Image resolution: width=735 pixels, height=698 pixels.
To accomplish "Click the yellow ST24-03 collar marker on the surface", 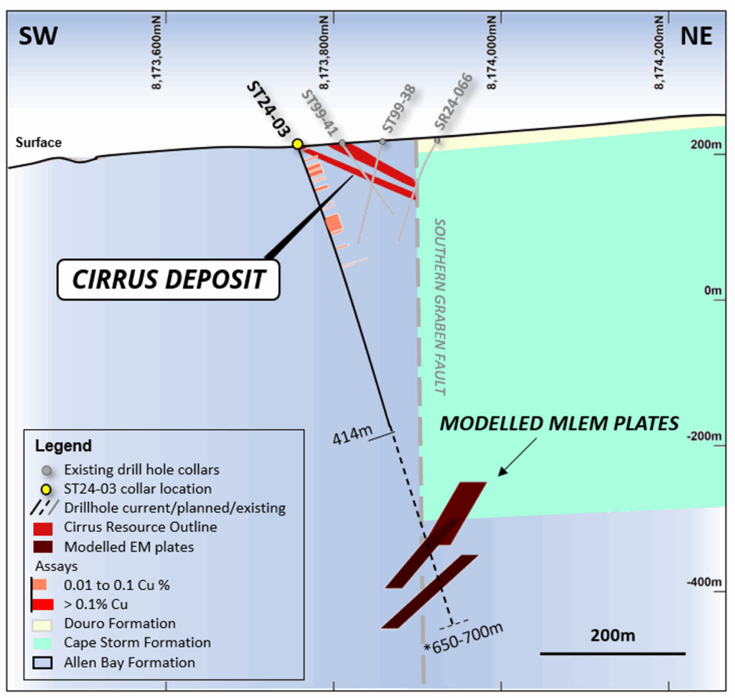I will [x=297, y=144].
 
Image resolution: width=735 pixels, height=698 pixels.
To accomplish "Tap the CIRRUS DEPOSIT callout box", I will [x=169, y=279].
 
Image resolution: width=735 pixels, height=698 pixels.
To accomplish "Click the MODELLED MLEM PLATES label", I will [x=559, y=424].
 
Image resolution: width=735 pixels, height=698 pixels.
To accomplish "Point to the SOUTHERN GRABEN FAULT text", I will [x=439, y=307].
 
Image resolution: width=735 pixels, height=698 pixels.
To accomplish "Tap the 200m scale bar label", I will [x=612, y=636].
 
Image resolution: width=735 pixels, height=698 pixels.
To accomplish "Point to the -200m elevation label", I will [x=706, y=437].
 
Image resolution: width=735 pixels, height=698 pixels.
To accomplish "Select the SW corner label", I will [x=37, y=36].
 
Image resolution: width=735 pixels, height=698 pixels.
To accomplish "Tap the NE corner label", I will [x=696, y=36].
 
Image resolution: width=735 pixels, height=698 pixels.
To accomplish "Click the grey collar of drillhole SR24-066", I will [x=437, y=141].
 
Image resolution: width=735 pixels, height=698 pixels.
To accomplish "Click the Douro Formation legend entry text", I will [x=120, y=623].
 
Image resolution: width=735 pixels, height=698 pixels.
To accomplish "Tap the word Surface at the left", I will [x=39, y=143].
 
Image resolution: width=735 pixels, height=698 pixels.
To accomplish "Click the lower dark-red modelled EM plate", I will [x=429, y=591].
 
